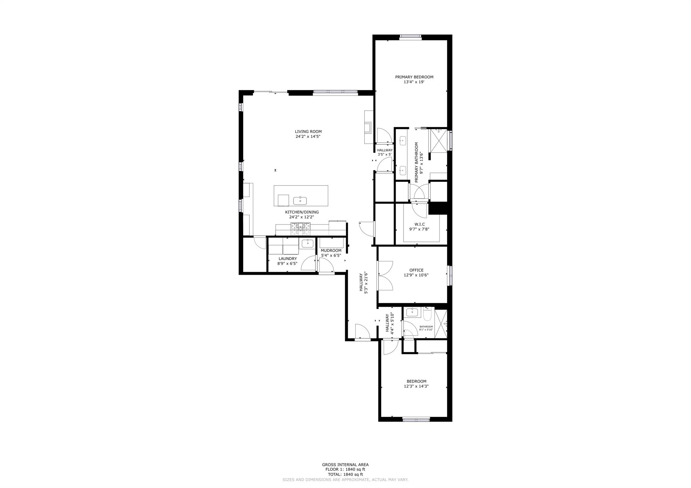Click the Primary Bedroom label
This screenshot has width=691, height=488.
pos(414,77)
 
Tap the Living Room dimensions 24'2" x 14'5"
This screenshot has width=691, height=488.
pos(308,137)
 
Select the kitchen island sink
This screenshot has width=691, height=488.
pos(300,201)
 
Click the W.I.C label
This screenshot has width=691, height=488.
pos(419,224)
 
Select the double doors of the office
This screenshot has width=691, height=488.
pos(385,276)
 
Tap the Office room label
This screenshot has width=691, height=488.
pos(416,270)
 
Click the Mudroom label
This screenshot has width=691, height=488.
pos(331,251)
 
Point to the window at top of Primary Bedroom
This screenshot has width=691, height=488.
pos(410,37)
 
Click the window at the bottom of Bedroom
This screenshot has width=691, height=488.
pos(416,420)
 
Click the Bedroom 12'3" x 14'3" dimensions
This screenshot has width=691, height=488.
pos(416,386)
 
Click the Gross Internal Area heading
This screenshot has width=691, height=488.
pos(345,464)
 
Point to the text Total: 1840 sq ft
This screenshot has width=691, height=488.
pos(345,474)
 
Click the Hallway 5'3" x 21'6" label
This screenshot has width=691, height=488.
pos(363,283)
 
